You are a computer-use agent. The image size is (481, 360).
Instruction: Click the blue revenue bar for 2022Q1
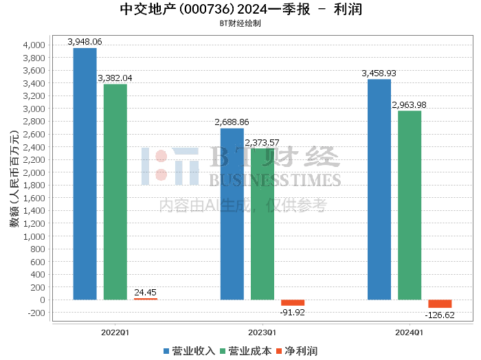click(x=85, y=174)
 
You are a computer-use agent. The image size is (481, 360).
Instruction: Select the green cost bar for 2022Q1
click(x=115, y=192)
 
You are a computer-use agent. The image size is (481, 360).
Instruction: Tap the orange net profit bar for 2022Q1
click(x=146, y=299)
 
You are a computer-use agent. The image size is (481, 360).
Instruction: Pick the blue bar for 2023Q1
click(x=232, y=214)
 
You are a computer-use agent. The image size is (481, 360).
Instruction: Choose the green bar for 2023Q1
click(x=262, y=224)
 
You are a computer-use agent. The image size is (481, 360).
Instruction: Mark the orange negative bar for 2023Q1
click(x=293, y=303)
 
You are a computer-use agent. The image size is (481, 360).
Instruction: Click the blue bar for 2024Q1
click(x=379, y=190)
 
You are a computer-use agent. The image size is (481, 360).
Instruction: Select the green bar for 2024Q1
click(x=410, y=205)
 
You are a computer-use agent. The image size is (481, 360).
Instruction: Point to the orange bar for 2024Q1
click(x=440, y=304)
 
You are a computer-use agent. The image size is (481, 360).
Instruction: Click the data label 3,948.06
click(x=85, y=42)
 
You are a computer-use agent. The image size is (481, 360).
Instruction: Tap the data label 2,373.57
click(x=262, y=143)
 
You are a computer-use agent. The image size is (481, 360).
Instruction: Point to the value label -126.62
click(x=440, y=315)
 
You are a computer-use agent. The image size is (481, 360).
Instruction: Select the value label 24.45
click(x=146, y=292)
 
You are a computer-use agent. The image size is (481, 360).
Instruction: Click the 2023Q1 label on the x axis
click(x=262, y=333)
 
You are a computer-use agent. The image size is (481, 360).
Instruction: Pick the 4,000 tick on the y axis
click(x=34, y=45)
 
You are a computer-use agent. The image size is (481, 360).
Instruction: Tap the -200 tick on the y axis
click(x=36, y=313)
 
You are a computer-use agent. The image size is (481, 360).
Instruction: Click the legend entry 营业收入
click(x=189, y=351)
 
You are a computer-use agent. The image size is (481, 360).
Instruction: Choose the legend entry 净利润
click(x=297, y=351)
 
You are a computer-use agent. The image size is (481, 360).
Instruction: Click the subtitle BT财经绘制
click(x=240, y=23)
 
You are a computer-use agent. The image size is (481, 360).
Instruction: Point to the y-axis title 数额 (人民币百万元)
click(x=14, y=179)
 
